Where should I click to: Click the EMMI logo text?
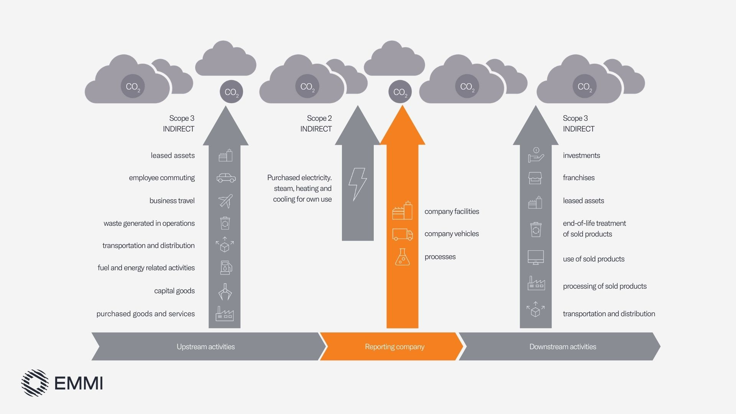click(79, 383)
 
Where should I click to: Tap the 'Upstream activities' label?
click(205, 347)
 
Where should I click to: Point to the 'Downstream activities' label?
click(562, 347)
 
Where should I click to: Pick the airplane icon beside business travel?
click(225, 201)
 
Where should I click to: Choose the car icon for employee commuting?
click(226, 178)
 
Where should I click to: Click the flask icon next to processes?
click(402, 257)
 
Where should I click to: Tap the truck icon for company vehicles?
click(402, 234)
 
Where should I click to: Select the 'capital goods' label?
click(174, 291)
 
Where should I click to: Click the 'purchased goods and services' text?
click(146, 314)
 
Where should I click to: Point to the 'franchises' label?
click(578, 177)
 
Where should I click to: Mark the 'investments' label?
click(581, 155)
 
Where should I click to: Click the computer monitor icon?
click(536, 257)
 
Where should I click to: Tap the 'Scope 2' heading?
click(319, 118)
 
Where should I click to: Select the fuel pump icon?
click(226, 268)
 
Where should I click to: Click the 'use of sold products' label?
click(593, 259)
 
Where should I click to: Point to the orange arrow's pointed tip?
click(402, 107)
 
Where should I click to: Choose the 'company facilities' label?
click(452, 211)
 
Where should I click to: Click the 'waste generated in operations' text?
click(149, 223)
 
